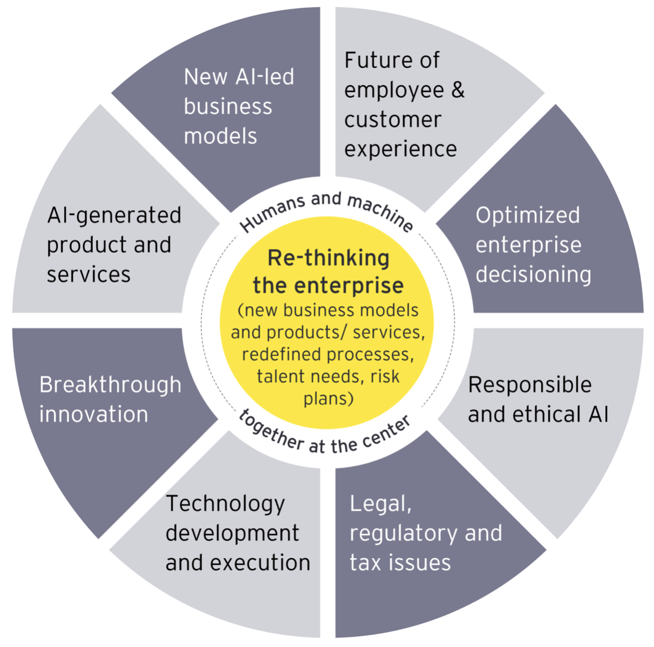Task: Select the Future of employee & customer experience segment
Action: click(403, 105)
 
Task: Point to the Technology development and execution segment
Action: click(238, 533)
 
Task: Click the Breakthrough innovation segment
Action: click(110, 400)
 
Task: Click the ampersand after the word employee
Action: click(458, 90)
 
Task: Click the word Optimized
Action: click(528, 215)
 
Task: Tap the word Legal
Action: click(381, 504)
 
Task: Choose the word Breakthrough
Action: click(110, 385)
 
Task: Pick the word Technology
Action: click(225, 503)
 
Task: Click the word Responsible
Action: click(530, 385)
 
